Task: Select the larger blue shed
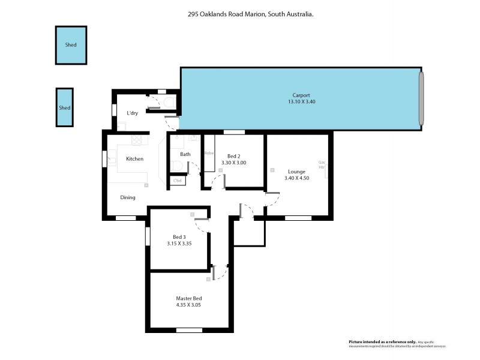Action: coord(71,45)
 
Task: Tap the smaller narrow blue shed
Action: coord(65,107)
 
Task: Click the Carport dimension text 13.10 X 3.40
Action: coord(301,102)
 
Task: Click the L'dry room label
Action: coord(133,113)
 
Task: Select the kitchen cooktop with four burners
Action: coord(139,140)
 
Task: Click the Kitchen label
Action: coord(134,159)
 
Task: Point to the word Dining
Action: coord(128,197)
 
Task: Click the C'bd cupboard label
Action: coord(177,180)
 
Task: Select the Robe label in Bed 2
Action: coord(209,154)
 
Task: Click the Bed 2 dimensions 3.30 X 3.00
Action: coord(234,163)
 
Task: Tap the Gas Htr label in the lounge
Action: coord(322,165)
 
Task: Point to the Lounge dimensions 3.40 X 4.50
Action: coord(296,178)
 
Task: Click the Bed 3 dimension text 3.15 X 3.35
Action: coord(179,244)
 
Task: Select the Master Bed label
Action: coord(188,298)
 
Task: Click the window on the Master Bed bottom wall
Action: coord(189,330)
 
